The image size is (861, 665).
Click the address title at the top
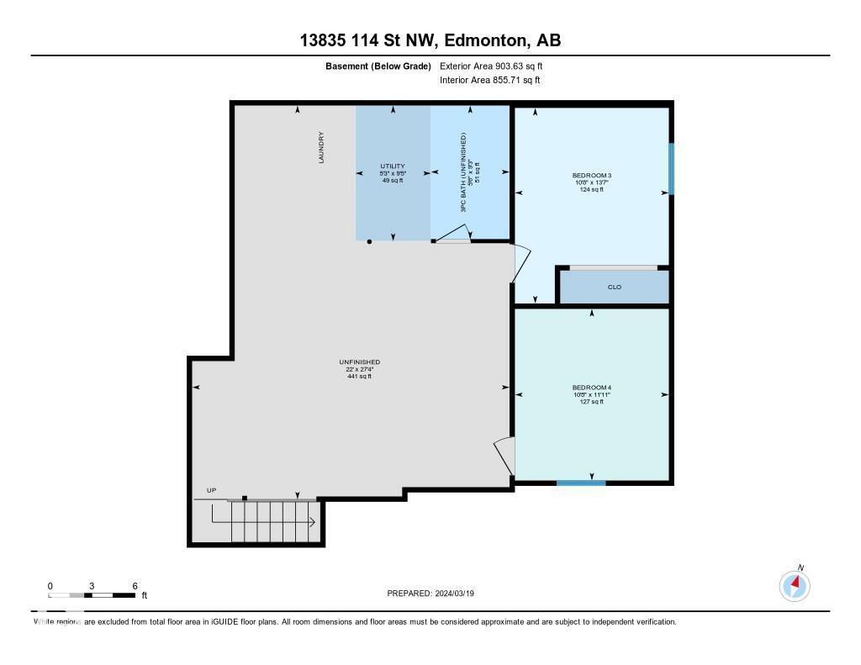pos(430,40)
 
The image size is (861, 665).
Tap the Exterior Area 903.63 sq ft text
pos(497,66)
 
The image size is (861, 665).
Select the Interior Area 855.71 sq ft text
pos(489,81)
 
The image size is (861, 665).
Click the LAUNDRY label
pos(321,147)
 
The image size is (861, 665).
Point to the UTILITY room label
pos(393,166)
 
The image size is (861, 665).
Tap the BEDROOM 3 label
pos(591,176)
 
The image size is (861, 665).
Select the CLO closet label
pos(614,288)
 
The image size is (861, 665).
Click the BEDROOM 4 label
pos(591,388)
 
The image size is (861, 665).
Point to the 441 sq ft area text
pos(359,376)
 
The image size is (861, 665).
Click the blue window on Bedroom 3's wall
pos(671,168)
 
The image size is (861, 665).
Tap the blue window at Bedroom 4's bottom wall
pos(581,483)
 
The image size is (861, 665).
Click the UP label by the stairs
pos(211,490)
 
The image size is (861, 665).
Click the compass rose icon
pos(795,586)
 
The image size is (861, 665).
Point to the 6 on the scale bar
pos(135,586)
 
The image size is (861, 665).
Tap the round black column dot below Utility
pos(369,242)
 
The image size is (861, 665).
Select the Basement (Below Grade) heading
pos(378,66)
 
